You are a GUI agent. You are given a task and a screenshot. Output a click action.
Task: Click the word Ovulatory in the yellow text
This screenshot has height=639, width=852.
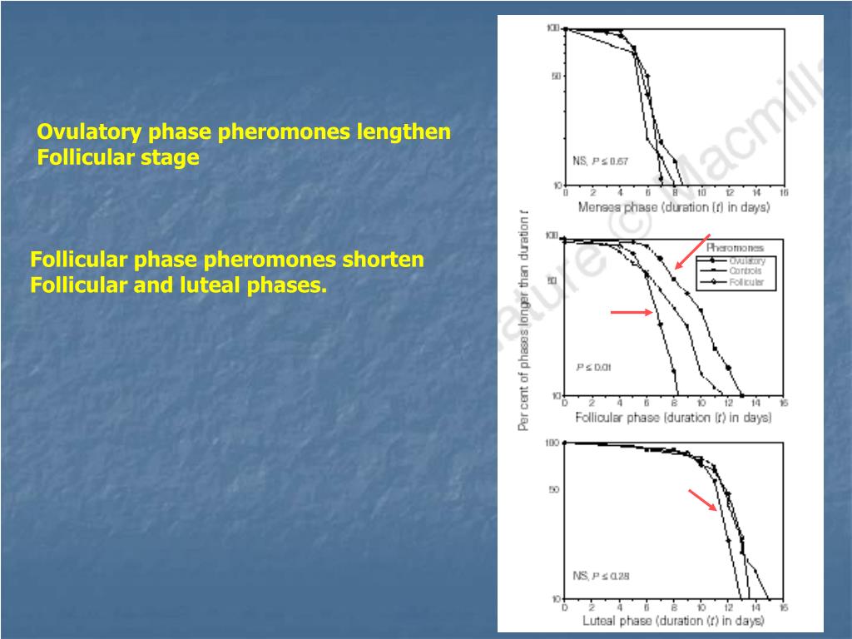point(88,132)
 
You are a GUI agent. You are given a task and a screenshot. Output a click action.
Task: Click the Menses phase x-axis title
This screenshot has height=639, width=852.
point(673,207)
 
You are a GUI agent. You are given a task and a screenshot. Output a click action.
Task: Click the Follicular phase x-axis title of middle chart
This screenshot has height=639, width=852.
point(673,417)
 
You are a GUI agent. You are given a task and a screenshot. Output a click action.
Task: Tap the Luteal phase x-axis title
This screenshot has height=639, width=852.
point(673,621)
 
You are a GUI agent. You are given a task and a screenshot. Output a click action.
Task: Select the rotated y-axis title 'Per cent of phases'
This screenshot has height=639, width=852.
point(524,332)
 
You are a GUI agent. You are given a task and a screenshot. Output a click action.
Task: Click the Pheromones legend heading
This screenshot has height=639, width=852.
point(735,248)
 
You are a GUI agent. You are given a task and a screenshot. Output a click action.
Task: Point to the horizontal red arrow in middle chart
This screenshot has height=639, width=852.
point(632,312)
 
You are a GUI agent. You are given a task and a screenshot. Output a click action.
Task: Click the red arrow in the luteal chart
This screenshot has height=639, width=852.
point(702,500)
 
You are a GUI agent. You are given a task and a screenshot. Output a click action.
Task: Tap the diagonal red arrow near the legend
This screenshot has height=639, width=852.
point(691,252)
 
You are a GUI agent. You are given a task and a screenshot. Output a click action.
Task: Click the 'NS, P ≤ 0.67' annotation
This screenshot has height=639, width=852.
point(601,161)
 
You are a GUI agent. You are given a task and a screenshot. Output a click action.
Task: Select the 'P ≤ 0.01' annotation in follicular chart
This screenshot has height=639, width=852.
point(594,367)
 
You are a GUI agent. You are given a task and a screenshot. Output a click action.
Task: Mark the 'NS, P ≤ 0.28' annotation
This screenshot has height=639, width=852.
point(601,575)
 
